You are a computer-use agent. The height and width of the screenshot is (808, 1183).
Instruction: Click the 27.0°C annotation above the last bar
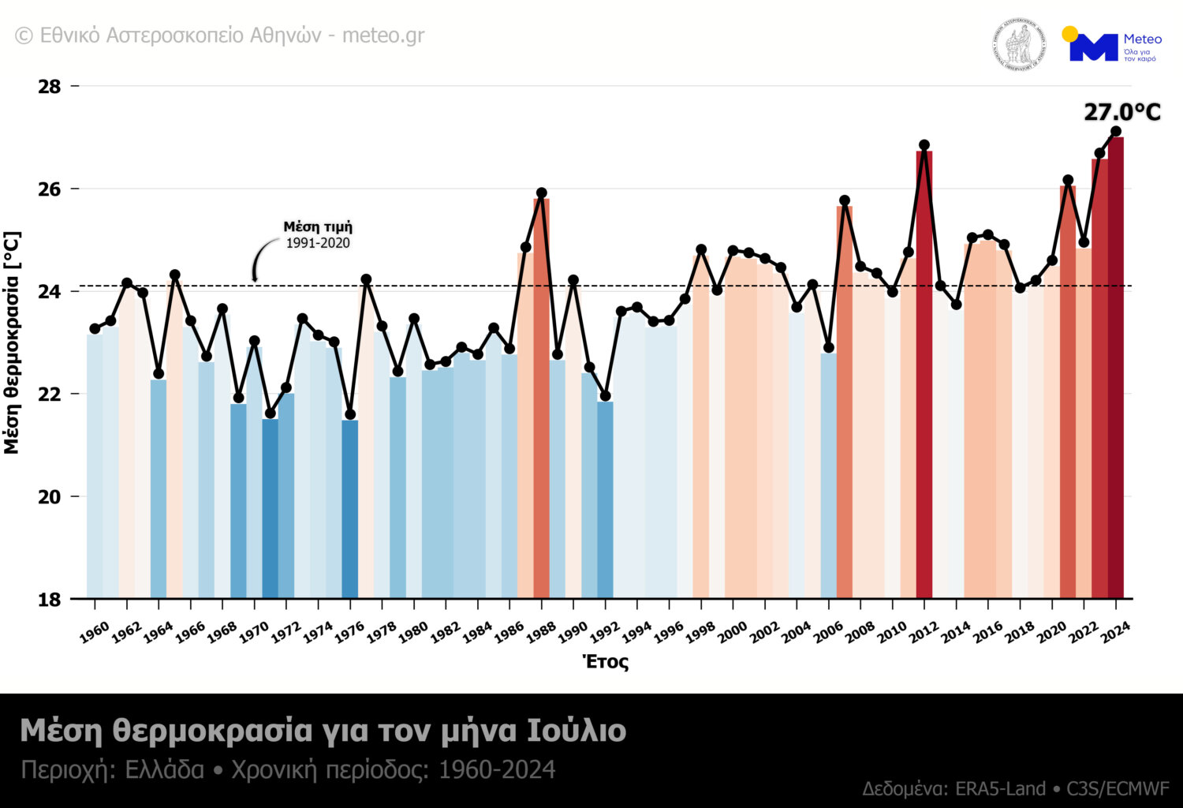(1121, 112)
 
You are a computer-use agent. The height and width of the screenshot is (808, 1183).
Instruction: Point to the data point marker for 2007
(845, 200)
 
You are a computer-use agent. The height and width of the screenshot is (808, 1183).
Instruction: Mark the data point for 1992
(605, 396)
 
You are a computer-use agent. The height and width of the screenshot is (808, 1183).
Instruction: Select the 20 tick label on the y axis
(50, 496)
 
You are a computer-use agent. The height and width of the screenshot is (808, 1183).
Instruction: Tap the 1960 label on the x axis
(95, 632)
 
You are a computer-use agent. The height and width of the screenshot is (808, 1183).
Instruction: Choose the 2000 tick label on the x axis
(732, 632)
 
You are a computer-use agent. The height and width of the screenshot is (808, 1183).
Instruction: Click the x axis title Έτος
(606, 662)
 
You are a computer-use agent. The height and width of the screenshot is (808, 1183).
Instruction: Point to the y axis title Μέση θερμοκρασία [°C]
(12, 342)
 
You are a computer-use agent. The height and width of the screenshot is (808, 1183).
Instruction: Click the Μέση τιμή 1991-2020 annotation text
(318, 234)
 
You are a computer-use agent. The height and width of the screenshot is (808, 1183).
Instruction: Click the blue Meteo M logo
(1093, 47)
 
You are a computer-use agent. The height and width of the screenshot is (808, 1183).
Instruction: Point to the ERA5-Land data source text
(1000, 788)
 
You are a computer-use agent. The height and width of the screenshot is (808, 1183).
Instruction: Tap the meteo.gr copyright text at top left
(220, 36)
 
